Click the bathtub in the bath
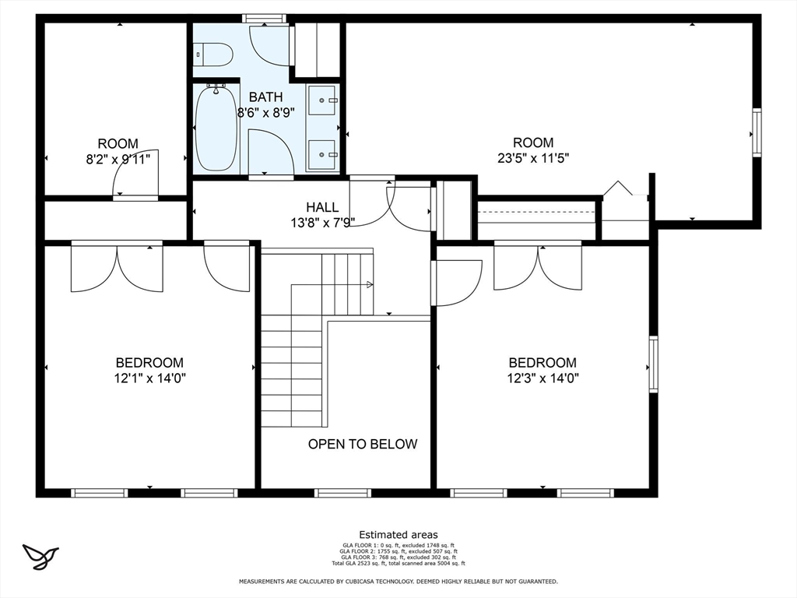pyautogui.click(x=216, y=129)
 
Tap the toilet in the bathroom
pyautogui.click(x=214, y=55)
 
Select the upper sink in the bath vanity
pyautogui.click(x=322, y=100)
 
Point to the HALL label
pyautogui.click(x=322, y=207)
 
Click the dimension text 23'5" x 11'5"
pyautogui.click(x=533, y=158)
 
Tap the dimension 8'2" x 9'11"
pyautogui.click(x=118, y=159)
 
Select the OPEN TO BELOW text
pyautogui.click(x=363, y=444)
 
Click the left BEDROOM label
pyautogui.click(x=149, y=362)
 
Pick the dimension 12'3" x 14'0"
pyautogui.click(x=542, y=378)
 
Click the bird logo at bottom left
pyautogui.click(x=41, y=556)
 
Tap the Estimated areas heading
pyautogui.click(x=398, y=535)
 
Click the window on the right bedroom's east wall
pyautogui.click(x=653, y=364)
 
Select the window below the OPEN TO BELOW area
pyautogui.click(x=342, y=493)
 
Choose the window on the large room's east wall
pyautogui.click(x=757, y=132)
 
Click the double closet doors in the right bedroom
pyautogui.click(x=538, y=266)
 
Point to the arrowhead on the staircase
pyautogui.click(x=370, y=285)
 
